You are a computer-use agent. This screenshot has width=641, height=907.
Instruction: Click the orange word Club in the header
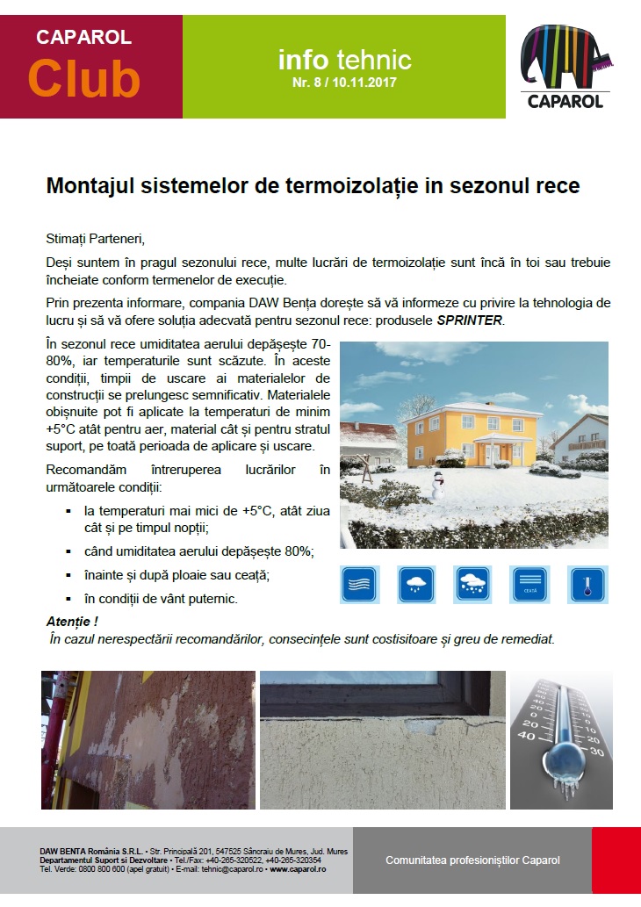[84, 79]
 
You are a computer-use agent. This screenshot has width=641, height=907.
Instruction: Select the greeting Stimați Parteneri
[94, 239]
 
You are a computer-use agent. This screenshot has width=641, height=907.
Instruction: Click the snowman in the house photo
[436, 486]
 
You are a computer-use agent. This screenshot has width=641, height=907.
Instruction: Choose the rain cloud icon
[417, 584]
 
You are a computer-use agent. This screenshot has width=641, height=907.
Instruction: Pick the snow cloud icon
[474, 584]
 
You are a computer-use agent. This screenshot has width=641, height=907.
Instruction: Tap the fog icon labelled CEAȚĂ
[530, 584]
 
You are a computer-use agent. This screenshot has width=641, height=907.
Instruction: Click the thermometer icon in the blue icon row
[587, 584]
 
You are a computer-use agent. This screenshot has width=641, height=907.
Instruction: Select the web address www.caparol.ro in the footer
[299, 868]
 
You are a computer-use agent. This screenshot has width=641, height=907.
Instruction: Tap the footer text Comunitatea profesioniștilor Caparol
[472, 860]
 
